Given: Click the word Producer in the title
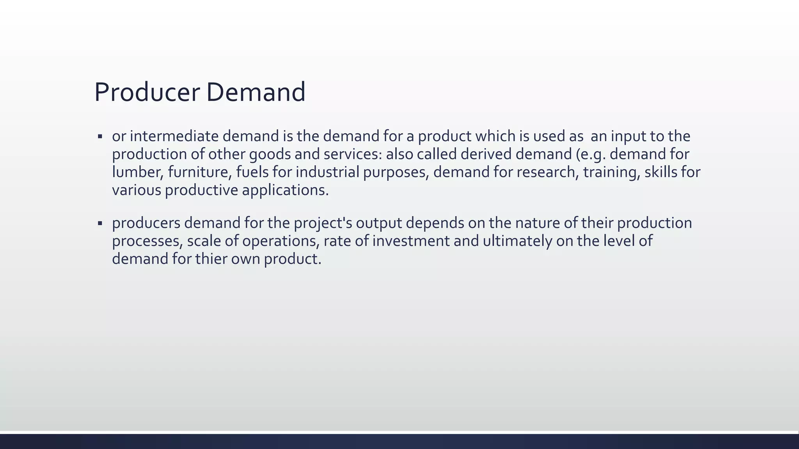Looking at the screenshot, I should click(x=147, y=92).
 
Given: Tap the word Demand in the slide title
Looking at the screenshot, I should click(x=256, y=92).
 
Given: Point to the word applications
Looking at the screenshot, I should click(x=285, y=190).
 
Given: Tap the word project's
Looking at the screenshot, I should click(x=323, y=223).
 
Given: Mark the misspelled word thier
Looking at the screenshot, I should click(x=211, y=259).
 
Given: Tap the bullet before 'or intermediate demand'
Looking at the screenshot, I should click(x=100, y=136).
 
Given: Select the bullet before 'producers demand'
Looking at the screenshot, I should click(x=100, y=223).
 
